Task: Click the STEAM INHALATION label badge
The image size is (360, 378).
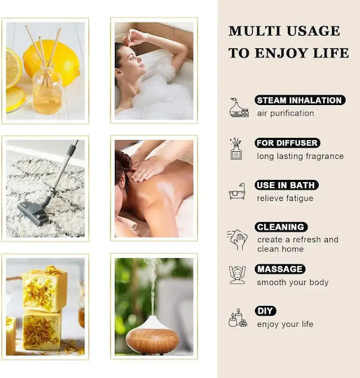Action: point(300,100)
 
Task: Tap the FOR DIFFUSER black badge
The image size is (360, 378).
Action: point(287,143)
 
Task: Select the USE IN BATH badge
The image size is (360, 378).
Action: point(286,185)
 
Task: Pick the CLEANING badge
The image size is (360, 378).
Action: point(281,227)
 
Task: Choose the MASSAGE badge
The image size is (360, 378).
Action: point(280,269)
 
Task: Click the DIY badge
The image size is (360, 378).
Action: point(265,311)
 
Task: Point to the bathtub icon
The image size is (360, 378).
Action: point(237,191)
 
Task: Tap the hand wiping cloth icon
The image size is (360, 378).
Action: point(237,239)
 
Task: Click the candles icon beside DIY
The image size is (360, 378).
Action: point(237,318)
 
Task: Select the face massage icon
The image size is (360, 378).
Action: point(237,275)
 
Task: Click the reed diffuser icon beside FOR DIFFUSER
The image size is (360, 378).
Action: point(236,149)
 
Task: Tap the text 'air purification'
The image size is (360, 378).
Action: point(286,113)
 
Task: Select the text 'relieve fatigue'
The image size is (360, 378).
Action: point(285,198)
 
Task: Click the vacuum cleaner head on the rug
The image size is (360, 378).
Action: point(33,213)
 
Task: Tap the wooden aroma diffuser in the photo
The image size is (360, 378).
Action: point(153,335)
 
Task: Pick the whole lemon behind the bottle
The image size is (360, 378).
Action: point(51,62)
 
